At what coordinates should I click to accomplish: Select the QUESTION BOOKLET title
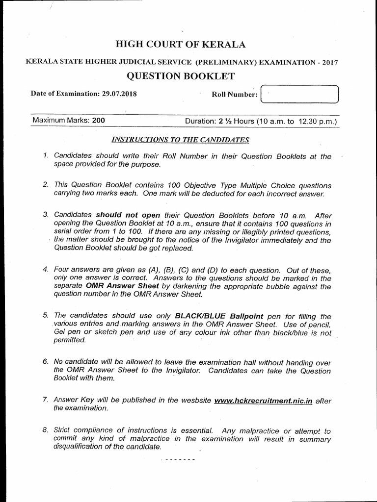pyautogui.click(x=181, y=75)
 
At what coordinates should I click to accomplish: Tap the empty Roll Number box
pyautogui.click(x=300, y=94)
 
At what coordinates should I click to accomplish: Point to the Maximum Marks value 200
pyautogui.click(x=98, y=121)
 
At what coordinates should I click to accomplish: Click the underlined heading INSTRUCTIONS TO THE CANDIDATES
pyautogui.click(x=180, y=140)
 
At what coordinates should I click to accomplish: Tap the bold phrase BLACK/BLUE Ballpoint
pyautogui.click(x=219, y=316)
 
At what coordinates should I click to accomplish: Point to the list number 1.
pyautogui.click(x=45, y=156)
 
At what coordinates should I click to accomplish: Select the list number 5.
pyautogui.click(x=45, y=316)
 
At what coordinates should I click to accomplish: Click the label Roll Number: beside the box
pyautogui.click(x=234, y=94)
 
